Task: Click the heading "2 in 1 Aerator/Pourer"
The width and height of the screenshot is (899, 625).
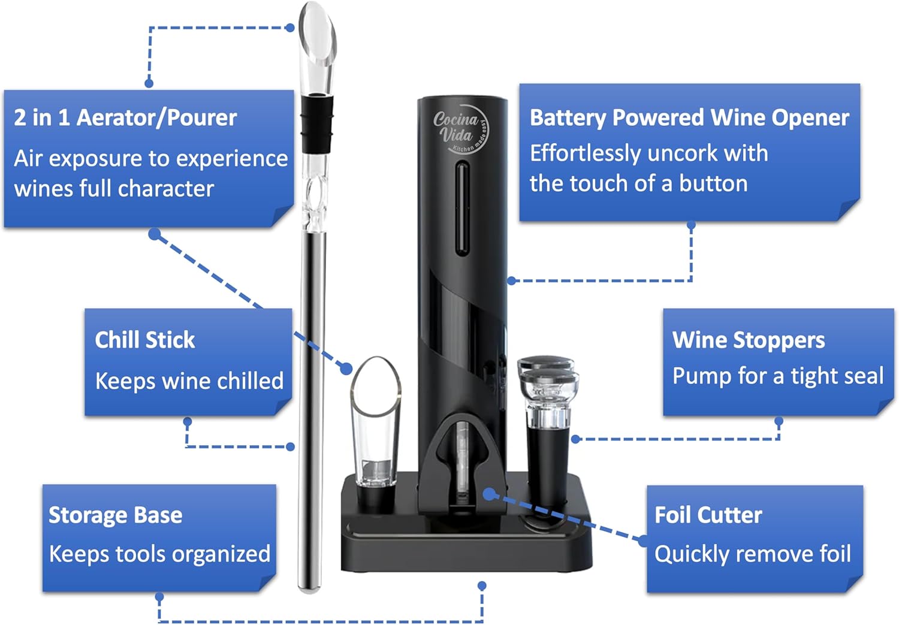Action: click(125, 117)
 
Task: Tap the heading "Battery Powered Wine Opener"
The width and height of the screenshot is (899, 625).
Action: click(689, 117)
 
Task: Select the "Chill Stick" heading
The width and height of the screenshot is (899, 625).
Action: click(145, 340)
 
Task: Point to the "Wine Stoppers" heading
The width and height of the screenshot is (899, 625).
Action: click(749, 340)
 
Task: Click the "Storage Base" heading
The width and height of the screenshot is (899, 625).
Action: click(116, 515)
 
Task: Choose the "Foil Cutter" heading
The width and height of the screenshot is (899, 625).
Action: click(708, 515)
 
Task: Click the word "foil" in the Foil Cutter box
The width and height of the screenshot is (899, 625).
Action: click(835, 554)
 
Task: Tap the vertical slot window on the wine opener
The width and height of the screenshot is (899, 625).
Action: click(462, 208)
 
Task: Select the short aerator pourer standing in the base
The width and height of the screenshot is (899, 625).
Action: click(376, 433)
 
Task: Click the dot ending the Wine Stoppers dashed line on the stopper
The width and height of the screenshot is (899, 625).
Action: click(576, 439)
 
